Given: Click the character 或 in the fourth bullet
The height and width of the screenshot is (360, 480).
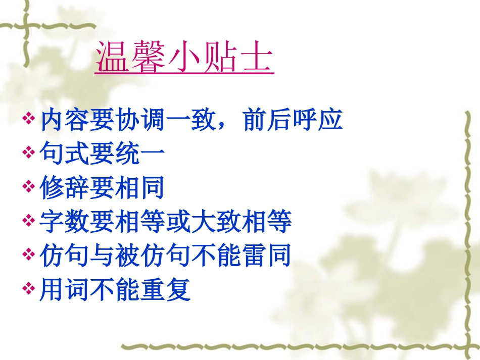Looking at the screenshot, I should click(x=179, y=222).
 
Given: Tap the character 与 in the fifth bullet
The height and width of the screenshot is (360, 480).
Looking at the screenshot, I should click(x=103, y=255).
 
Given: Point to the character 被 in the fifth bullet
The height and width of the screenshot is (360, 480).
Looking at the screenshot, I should click(x=128, y=255).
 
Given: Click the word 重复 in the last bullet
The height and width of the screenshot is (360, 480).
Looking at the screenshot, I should click(x=166, y=289).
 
